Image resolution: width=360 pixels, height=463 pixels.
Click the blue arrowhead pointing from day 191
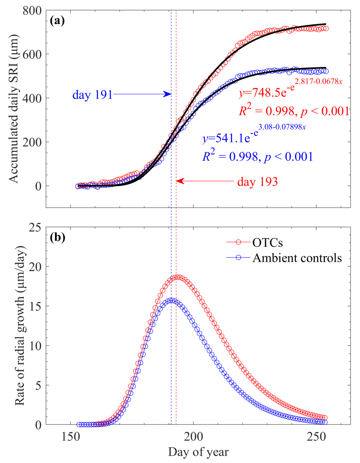(x=168, y=95)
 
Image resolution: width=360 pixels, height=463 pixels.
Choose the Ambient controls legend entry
(x=297, y=258)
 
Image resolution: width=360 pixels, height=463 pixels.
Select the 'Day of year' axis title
(x=198, y=453)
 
